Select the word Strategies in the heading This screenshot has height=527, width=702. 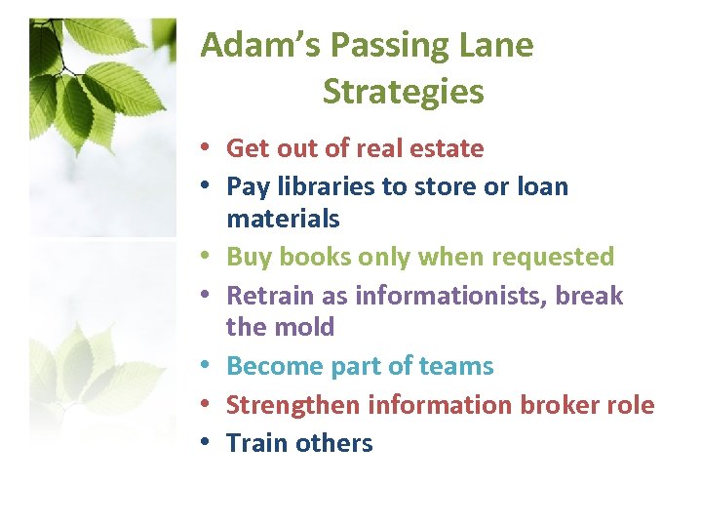403,92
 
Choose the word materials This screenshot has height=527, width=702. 283,218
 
